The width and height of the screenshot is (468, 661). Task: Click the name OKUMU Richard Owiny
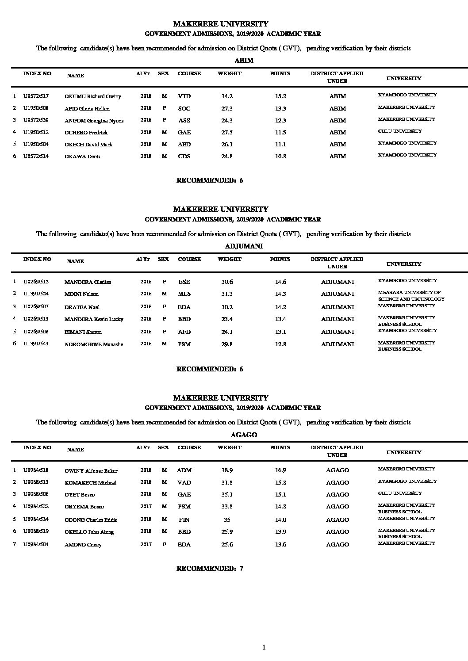(92, 96)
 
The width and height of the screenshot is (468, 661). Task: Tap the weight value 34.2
(227, 96)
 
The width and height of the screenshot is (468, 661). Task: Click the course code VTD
(184, 96)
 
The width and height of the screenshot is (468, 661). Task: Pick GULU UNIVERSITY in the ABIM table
(400, 131)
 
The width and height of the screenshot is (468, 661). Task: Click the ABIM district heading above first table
(244, 61)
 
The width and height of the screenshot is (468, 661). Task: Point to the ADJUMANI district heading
(244, 246)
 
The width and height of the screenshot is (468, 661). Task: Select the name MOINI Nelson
(81, 294)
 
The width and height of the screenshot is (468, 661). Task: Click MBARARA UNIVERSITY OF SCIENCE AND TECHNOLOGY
(411, 296)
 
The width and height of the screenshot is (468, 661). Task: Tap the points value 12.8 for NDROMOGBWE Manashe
(280, 344)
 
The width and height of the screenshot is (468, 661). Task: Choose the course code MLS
(184, 294)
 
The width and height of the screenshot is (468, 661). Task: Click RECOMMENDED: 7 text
(210, 569)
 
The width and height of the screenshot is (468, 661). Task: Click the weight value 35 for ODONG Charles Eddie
(227, 520)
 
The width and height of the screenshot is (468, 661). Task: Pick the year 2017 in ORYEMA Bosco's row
(146, 506)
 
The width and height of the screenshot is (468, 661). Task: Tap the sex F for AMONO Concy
(164, 544)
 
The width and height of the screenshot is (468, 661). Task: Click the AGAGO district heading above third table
(244, 435)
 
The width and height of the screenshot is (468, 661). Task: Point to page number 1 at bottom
(264, 648)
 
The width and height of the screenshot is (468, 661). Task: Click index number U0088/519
(36, 531)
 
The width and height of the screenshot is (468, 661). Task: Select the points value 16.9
(280, 470)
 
